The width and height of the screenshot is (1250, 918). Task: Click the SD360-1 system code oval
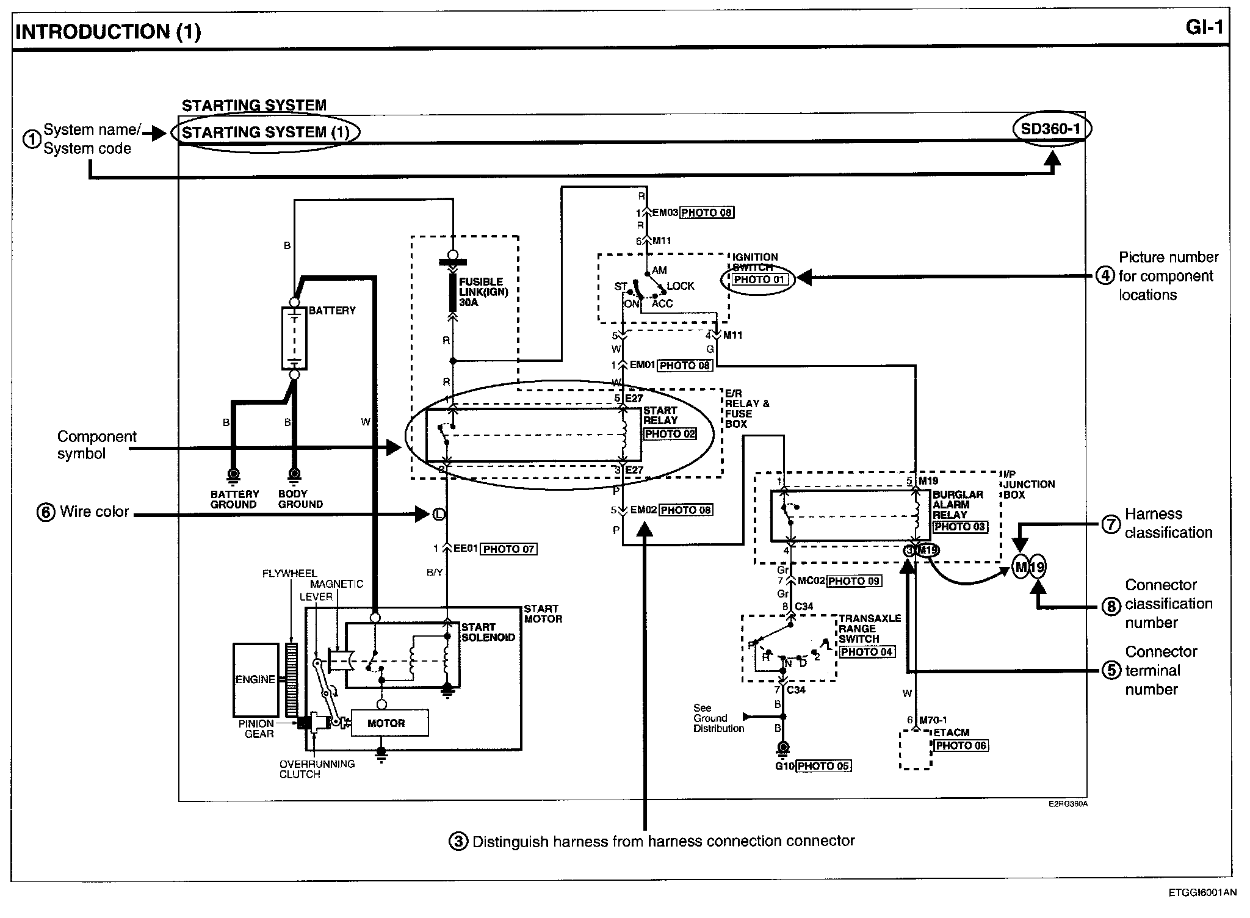tap(1051, 129)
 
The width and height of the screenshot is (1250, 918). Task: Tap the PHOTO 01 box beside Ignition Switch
tap(759, 280)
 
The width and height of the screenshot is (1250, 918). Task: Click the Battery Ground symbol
tap(233, 474)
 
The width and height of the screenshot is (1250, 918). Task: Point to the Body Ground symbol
tap(294, 474)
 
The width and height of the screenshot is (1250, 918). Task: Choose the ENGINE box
tap(255, 679)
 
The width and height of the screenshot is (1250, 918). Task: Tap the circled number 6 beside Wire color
tap(46, 513)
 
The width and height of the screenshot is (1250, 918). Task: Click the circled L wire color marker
tap(438, 515)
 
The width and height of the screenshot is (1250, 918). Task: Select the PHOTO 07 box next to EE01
tap(509, 549)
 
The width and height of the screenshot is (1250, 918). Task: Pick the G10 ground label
tap(784, 765)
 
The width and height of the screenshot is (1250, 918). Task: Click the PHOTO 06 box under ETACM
tap(960, 745)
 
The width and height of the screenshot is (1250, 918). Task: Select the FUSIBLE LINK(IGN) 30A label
tap(482, 292)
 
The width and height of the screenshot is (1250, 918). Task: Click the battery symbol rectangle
tap(294, 338)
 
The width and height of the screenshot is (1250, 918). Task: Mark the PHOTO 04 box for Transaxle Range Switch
tap(866, 652)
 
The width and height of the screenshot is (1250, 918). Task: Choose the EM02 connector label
tap(643, 510)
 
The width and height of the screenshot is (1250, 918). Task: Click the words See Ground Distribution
tap(718, 718)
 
